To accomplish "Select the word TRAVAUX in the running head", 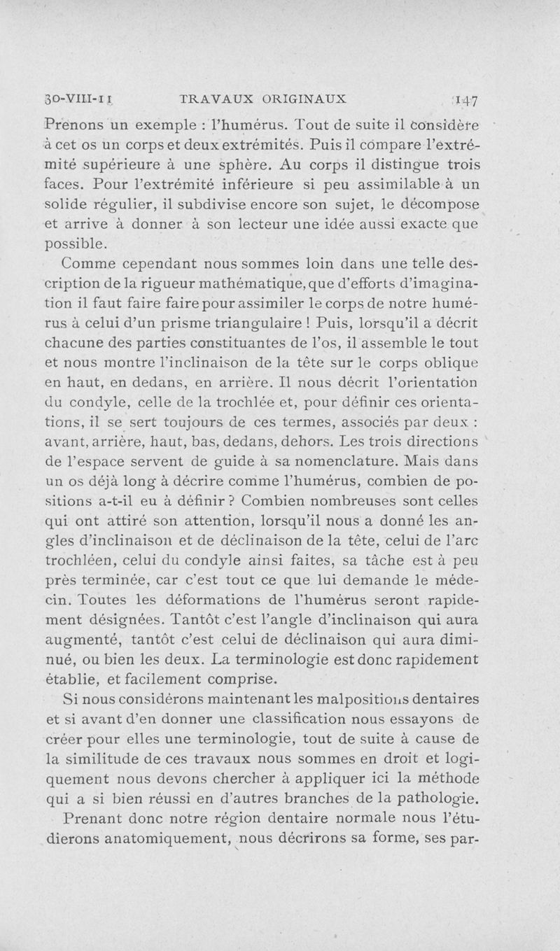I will pyautogui.click(x=211, y=99).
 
